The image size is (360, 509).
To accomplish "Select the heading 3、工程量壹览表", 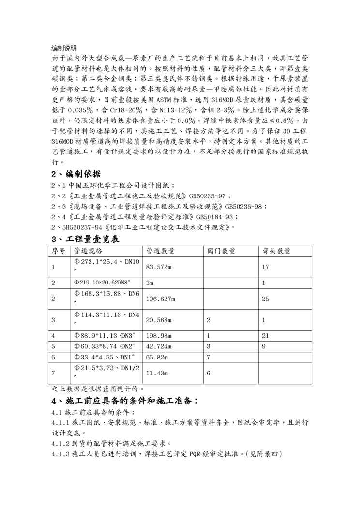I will click(x=85, y=239).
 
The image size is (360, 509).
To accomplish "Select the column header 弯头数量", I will click(x=276, y=251).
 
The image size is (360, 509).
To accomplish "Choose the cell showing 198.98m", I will click(x=159, y=336).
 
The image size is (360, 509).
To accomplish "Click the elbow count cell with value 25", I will click(x=266, y=299).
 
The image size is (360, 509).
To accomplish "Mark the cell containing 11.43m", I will click(x=156, y=373).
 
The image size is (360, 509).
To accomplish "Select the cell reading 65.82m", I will click(x=156, y=357).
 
